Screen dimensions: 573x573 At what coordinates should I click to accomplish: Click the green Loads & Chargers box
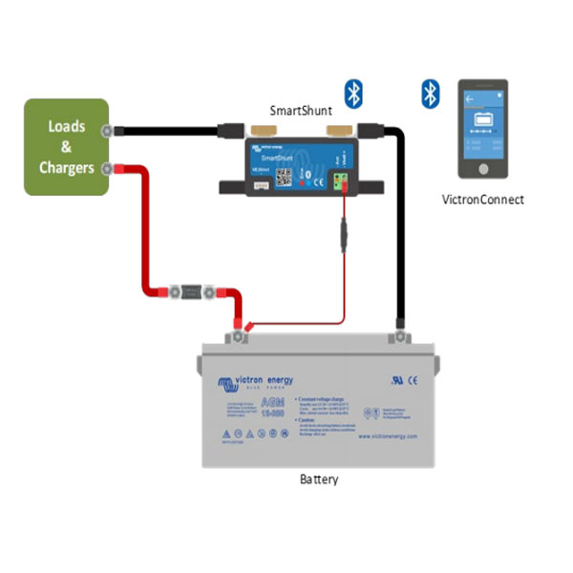pyautogui.click(x=65, y=146)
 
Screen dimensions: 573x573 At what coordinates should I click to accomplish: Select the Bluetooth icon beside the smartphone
pyautogui.click(x=430, y=93)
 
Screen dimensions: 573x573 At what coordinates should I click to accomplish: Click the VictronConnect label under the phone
pyautogui.click(x=483, y=200)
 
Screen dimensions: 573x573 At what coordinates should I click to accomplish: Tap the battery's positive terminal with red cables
pyautogui.click(x=235, y=336)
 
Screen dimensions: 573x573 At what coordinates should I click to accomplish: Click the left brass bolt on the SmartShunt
pyautogui.click(x=258, y=129)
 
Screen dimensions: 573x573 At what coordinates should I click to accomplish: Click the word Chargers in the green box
pyautogui.click(x=66, y=168)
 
